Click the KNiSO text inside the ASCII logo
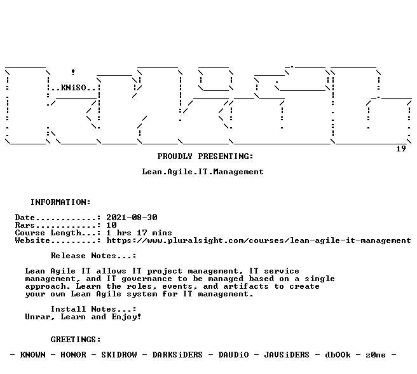coord(74,88)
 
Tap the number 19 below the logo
coord(400,149)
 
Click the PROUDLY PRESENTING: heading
coord(205,156)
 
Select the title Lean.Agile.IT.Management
coord(203,172)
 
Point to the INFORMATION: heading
coord(60,202)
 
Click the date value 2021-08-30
coord(132,218)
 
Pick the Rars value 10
coord(111,225)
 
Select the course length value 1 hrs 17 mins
coord(139,233)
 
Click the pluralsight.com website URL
coord(259,240)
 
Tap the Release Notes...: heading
coord(93,256)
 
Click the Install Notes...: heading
coord(93,309)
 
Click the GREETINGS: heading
coord(76,340)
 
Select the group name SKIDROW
coord(119,355)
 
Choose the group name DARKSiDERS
coord(177,355)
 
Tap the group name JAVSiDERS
coord(287,355)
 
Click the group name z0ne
coord(376,355)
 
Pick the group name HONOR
coord(73,355)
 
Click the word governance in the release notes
coord(147,279)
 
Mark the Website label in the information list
coord(32,240)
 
